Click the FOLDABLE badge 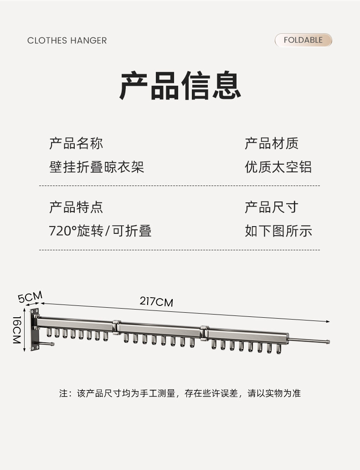pyautogui.click(x=303, y=40)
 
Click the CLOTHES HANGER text pyautogui.click(x=67, y=41)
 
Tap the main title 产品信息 pyautogui.click(x=180, y=85)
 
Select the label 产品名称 pyautogui.click(x=76, y=143)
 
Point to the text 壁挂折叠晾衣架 pyautogui.click(x=97, y=167)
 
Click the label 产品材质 pyautogui.click(x=272, y=143)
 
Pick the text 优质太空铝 pyautogui.click(x=278, y=167)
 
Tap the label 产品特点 pyautogui.click(x=76, y=207)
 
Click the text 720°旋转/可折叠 pyautogui.click(x=100, y=231)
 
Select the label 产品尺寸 pyautogui.click(x=272, y=207)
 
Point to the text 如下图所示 pyautogui.click(x=278, y=231)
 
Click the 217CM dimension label pyautogui.click(x=156, y=301)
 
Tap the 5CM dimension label pyautogui.click(x=30, y=297)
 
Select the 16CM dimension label pyautogui.click(x=17, y=330)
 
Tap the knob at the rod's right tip pyautogui.click(x=328, y=341)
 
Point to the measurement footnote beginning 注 pyautogui.click(x=180, y=393)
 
